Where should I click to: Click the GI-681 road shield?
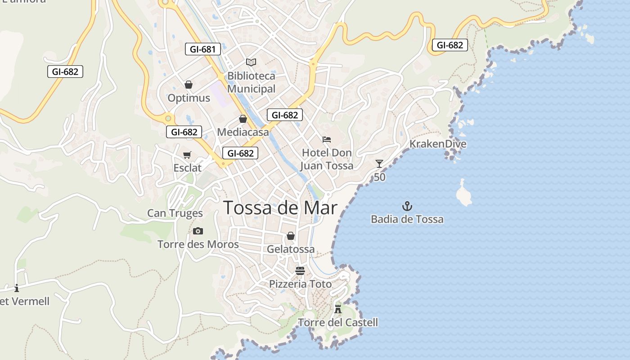(x=203, y=49)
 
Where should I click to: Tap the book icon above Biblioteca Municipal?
(x=251, y=62)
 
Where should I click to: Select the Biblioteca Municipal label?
(x=251, y=82)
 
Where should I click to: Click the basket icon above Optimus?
(x=189, y=85)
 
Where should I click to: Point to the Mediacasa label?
(x=243, y=132)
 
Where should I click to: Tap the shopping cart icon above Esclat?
(x=187, y=155)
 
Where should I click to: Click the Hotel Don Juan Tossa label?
(x=327, y=159)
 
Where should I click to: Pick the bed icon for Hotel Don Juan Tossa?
(x=327, y=139)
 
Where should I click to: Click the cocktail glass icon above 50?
(x=379, y=164)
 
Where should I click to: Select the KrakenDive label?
(x=438, y=144)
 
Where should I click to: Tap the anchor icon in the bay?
(x=407, y=207)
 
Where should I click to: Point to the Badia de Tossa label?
(x=407, y=220)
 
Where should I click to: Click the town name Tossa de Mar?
(x=280, y=208)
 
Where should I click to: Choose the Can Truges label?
(x=175, y=213)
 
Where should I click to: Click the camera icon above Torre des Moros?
(x=198, y=231)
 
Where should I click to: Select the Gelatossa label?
(x=291, y=249)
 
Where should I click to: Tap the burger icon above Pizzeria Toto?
(x=300, y=270)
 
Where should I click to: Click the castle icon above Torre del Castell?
(x=338, y=309)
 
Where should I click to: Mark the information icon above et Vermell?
(x=17, y=288)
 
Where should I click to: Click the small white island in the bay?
(x=463, y=193)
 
